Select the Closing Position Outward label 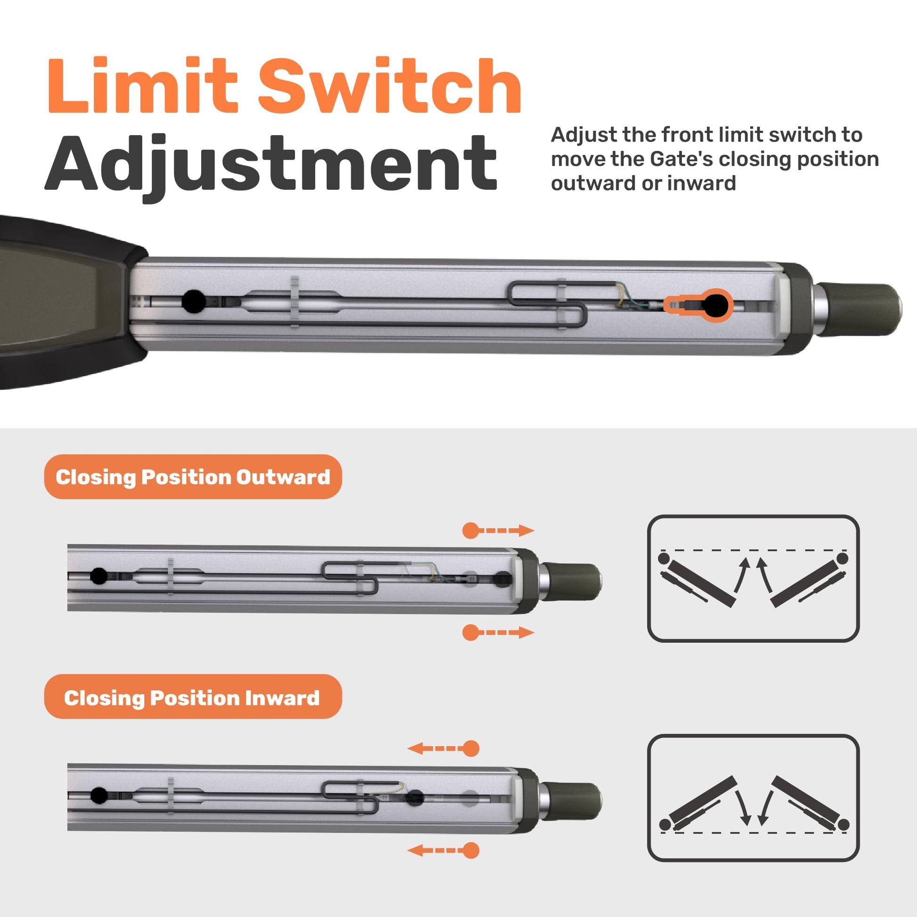[193, 477]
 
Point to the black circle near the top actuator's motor [194, 301]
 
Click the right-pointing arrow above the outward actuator [498, 530]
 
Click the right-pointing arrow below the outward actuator [498, 632]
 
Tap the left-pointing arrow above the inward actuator [443, 748]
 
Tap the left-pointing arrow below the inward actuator [443, 850]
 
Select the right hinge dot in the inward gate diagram [843, 824]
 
